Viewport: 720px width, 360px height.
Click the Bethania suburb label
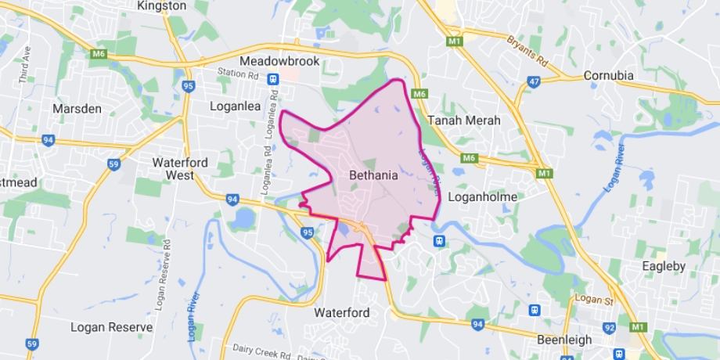(x=374, y=176)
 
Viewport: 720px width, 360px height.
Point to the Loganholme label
(x=483, y=197)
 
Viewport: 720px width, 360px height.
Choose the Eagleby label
(x=664, y=266)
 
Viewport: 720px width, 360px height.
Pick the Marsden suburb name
(x=77, y=109)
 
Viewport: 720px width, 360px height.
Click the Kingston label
(x=161, y=5)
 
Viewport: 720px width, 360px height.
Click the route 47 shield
(x=535, y=81)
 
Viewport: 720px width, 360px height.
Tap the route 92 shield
(x=609, y=329)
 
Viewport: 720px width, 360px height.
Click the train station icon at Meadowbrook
(x=272, y=78)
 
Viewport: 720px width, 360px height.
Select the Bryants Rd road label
(x=529, y=51)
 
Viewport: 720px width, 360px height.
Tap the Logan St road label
(x=590, y=300)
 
